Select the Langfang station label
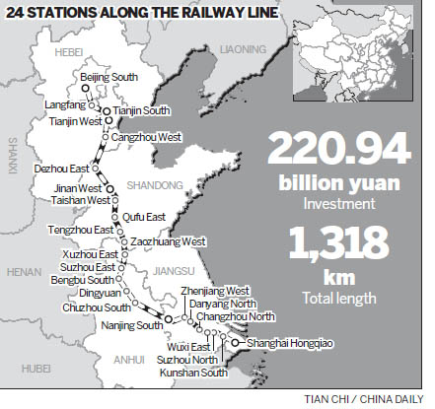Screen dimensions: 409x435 pos(62,102)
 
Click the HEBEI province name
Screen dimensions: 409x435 pos(72,45)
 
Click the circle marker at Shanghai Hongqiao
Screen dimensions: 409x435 pos(235,343)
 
